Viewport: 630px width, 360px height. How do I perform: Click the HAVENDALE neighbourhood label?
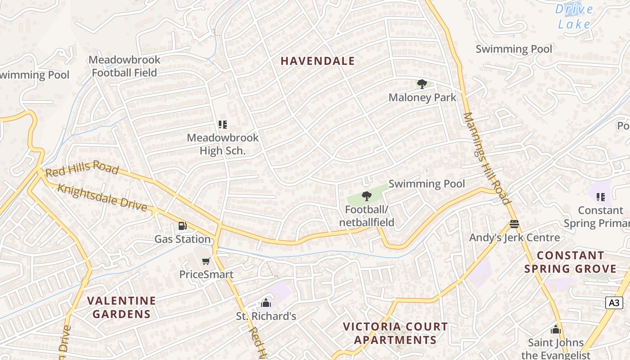tap(318, 61)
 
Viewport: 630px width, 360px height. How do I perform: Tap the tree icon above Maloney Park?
tap(422, 84)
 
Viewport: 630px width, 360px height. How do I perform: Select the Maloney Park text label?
tap(422, 97)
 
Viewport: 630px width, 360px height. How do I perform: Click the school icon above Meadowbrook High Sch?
tap(222, 125)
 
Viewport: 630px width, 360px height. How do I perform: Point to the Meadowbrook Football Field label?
tap(124, 66)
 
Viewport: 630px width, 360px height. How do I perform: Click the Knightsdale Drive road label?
tap(102, 197)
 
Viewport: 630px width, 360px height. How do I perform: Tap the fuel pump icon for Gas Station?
tap(182, 226)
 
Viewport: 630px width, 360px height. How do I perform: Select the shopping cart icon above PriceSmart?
tap(206, 261)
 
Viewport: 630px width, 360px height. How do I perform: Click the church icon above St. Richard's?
tap(266, 303)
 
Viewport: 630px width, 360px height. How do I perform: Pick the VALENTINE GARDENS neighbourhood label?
tap(121, 307)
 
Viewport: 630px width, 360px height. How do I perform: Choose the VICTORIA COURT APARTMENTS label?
tap(395, 333)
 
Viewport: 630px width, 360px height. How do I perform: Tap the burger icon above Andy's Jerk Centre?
tap(514, 224)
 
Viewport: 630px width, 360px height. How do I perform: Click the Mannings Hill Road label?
tap(487, 157)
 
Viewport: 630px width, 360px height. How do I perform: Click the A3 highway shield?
tap(614, 303)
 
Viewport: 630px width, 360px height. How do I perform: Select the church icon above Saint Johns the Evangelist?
tap(556, 329)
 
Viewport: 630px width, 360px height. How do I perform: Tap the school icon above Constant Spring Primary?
tap(600, 197)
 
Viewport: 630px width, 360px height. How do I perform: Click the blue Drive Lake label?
tap(574, 16)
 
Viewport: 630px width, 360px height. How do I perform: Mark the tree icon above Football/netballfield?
tap(367, 196)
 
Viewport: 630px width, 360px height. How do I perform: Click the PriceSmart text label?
tap(206, 274)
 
